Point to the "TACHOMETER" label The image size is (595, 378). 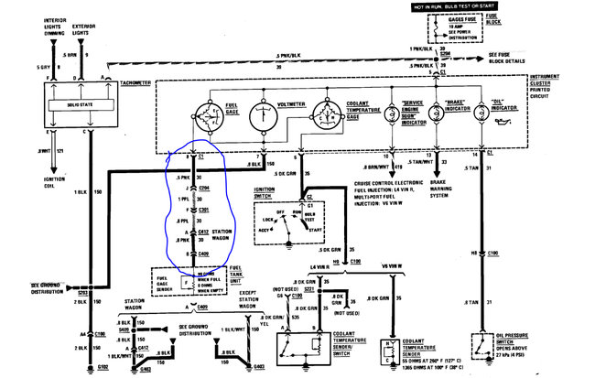pos(136,82)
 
